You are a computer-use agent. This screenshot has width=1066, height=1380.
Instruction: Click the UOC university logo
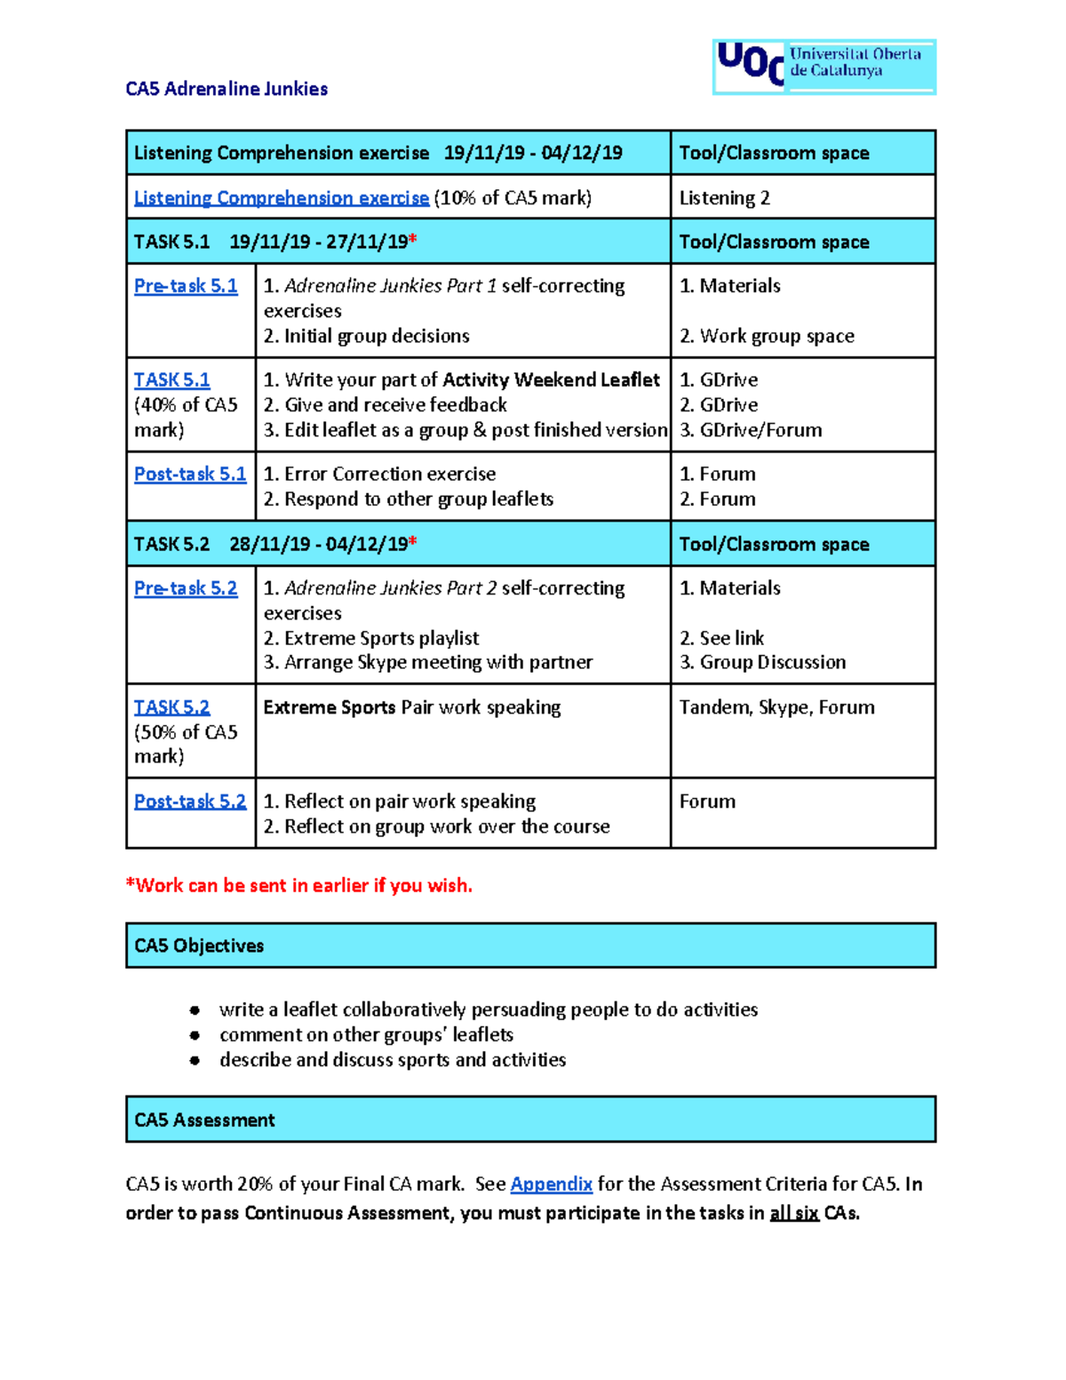tap(823, 67)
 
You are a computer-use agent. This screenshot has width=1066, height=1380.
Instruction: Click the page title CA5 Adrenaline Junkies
tap(227, 89)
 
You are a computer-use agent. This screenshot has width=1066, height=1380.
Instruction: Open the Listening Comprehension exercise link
tap(281, 198)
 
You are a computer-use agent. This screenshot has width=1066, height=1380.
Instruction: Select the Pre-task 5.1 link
tap(186, 286)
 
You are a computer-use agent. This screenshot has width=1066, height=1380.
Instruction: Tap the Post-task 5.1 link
tap(189, 475)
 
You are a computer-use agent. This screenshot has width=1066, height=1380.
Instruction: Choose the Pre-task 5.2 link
tap(186, 588)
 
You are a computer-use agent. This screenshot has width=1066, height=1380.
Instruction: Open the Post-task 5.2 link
tap(189, 802)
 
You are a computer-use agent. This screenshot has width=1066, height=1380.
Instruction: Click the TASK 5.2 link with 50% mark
tap(171, 707)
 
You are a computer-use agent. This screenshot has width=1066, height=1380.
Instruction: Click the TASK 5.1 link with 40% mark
tap(171, 380)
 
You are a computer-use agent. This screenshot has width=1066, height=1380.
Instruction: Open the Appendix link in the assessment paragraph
tap(551, 1185)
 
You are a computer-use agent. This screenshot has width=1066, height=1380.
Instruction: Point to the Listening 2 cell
tap(724, 198)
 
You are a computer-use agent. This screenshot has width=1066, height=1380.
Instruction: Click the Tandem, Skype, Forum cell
tap(776, 707)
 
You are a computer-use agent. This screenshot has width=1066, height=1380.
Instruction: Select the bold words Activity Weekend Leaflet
tap(551, 380)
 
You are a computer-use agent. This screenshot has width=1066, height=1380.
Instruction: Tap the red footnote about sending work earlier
tap(299, 886)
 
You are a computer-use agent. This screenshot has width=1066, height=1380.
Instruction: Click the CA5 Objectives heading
tap(199, 945)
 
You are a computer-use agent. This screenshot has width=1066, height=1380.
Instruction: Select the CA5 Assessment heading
tap(204, 1120)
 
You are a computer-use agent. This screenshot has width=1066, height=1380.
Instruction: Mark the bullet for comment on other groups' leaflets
tap(195, 1035)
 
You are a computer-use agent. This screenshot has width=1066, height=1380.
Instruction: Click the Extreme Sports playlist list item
tap(371, 638)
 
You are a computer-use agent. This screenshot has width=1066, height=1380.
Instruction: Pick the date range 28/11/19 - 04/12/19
tap(319, 544)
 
